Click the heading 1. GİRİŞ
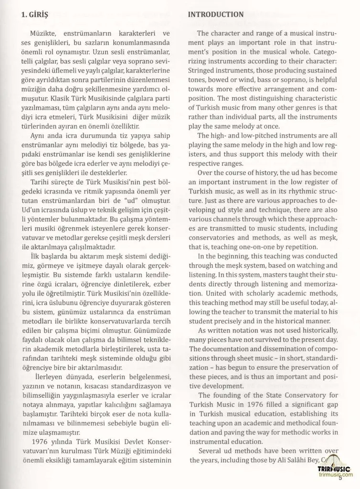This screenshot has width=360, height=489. pos(29,15)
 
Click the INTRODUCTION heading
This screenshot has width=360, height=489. pos(216,15)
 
